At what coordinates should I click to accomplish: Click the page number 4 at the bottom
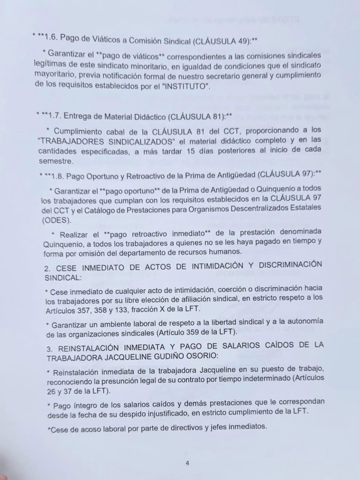point(187,463)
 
